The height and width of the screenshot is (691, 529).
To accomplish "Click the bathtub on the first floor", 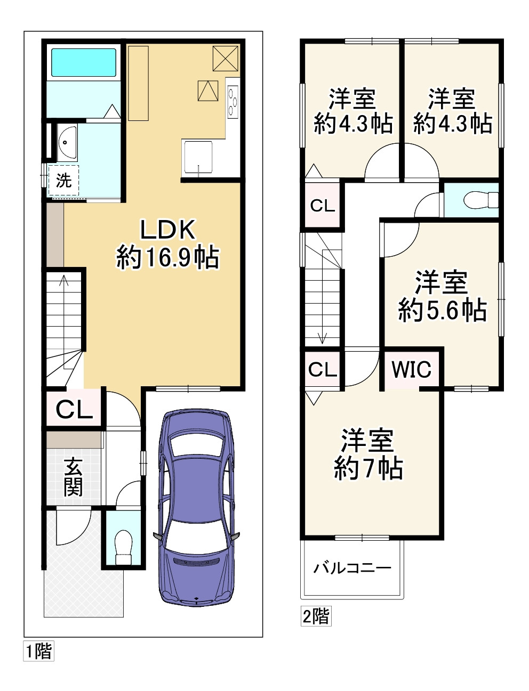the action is [x=84, y=62].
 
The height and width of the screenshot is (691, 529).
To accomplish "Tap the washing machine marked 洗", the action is [x=63, y=181].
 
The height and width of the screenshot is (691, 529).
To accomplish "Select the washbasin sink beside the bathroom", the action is [x=67, y=142].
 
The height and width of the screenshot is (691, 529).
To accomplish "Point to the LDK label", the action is [x=167, y=230].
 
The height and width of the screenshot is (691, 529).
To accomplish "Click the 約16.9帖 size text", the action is [x=167, y=257].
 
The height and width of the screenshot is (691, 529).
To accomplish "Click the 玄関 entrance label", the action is [x=73, y=477].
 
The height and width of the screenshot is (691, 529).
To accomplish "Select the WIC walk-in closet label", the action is [x=412, y=369].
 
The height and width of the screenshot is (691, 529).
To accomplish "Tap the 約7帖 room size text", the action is [x=368, y=469].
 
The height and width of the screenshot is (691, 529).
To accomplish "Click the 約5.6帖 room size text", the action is [x=443, y=311].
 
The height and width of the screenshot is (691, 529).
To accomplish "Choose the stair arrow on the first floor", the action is [x=64, y=322].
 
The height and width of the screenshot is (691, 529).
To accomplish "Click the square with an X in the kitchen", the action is [x=225, y=58].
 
